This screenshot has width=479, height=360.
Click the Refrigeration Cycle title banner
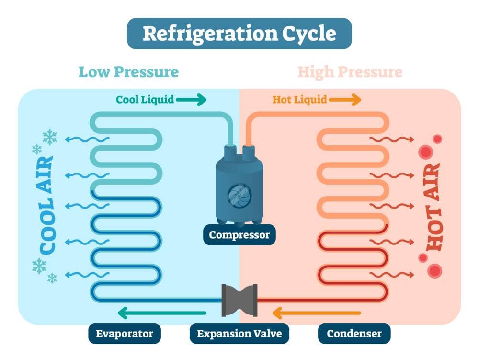(x=239, y=34)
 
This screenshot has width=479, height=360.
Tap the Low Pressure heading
(x=128, y=72)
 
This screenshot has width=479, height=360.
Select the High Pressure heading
(x=350, y=72)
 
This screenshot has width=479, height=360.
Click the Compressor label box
(x=239, y=235)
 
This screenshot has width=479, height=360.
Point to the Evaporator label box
(x=124, y=333)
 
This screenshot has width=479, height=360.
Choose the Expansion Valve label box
(x=239, y=333)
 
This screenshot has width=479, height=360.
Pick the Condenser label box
(x=354, y=333)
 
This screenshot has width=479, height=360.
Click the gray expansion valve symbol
(x=239, y=300)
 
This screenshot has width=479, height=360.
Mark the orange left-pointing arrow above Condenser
(x=316, y=314)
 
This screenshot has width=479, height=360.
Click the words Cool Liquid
(x=144, y=100)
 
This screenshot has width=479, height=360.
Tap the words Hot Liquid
(x=299, y=100)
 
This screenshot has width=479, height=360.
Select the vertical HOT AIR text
(x=433, y=207)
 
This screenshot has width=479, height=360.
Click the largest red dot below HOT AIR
(x=435, y=271)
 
